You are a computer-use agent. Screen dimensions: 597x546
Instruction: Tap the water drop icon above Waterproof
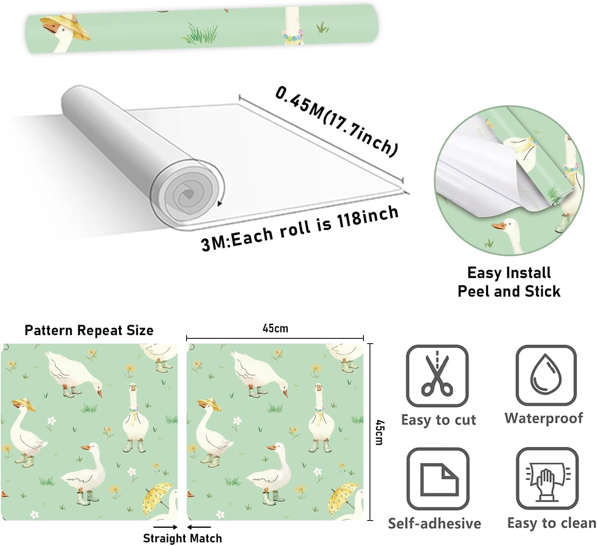[x=546, y=375]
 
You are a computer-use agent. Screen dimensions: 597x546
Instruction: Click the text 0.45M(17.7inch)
[x=336, y=121]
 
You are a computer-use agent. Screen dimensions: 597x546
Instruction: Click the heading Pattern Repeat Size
[x=89, y=330]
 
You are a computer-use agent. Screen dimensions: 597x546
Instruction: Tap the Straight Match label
[x=183, y=538]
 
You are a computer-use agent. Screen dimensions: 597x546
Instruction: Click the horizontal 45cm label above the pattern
[x=275, y=328]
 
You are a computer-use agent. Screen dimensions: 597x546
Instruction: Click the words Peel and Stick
[x=509, y=291]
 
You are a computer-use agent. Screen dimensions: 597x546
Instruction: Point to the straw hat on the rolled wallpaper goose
[x=66, y=26]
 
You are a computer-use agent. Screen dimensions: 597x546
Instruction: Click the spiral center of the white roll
[x=187, y=195]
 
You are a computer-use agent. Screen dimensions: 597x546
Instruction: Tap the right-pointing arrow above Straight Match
[x=166, y=527]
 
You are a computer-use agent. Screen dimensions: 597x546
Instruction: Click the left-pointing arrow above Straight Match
[x=199, y=527]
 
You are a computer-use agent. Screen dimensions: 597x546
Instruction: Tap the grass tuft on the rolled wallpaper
[x=200, y=34]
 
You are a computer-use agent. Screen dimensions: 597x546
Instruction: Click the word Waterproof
[x=544, y=418]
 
